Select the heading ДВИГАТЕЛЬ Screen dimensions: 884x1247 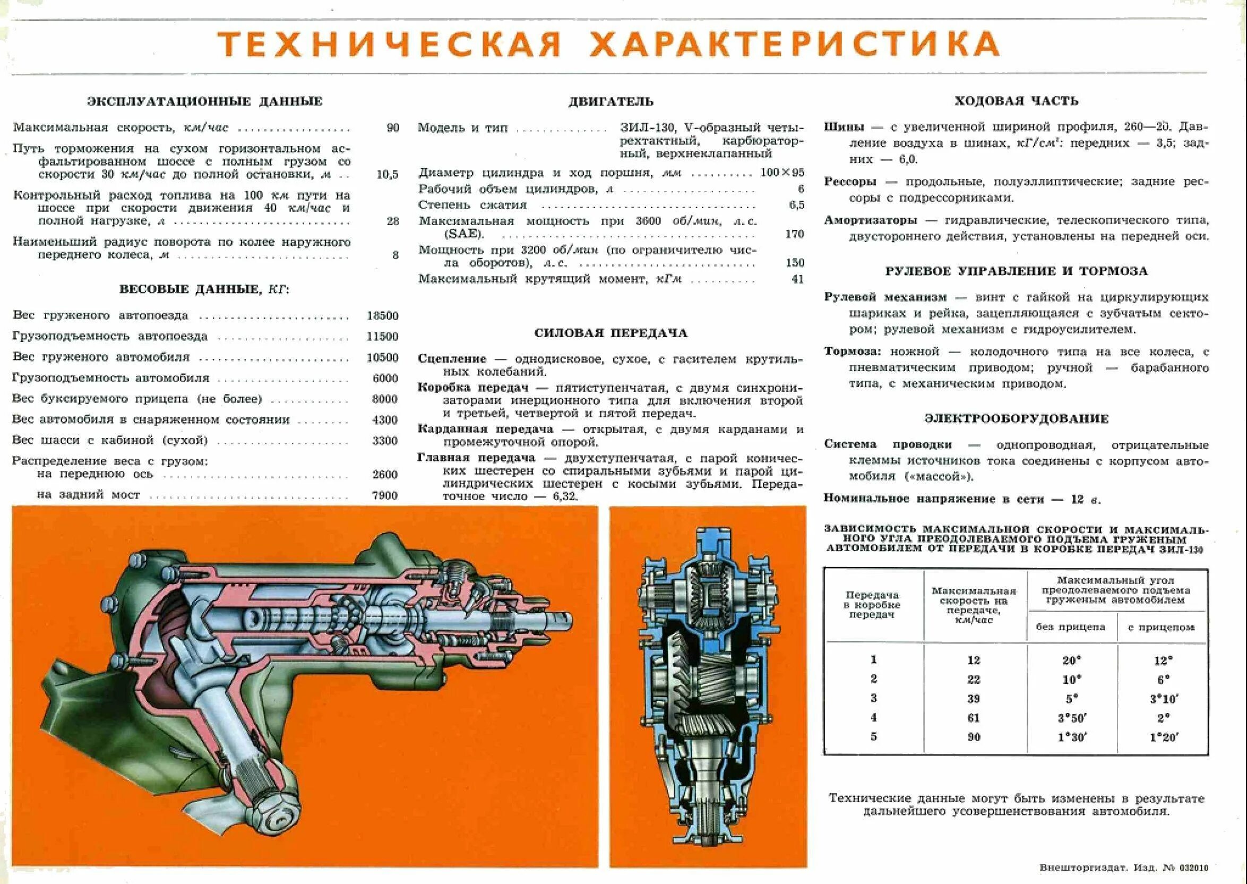[610, 102]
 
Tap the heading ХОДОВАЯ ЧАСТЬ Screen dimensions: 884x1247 [1016, 101]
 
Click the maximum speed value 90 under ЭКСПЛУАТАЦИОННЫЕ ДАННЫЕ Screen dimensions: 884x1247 [392, 128]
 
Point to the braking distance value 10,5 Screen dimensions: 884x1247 [387, 175]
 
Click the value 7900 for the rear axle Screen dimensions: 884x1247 [385, 495]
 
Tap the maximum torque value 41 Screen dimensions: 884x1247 [797, 279]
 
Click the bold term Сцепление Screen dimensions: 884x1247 [452, 359]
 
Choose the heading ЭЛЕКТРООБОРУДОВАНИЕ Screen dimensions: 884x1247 [1016, 418]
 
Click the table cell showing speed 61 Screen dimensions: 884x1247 [974, 718]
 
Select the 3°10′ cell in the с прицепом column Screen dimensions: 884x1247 [1162, 698]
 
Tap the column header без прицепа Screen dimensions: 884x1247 [1070, 627]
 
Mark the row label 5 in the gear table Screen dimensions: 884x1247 [874, 736]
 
